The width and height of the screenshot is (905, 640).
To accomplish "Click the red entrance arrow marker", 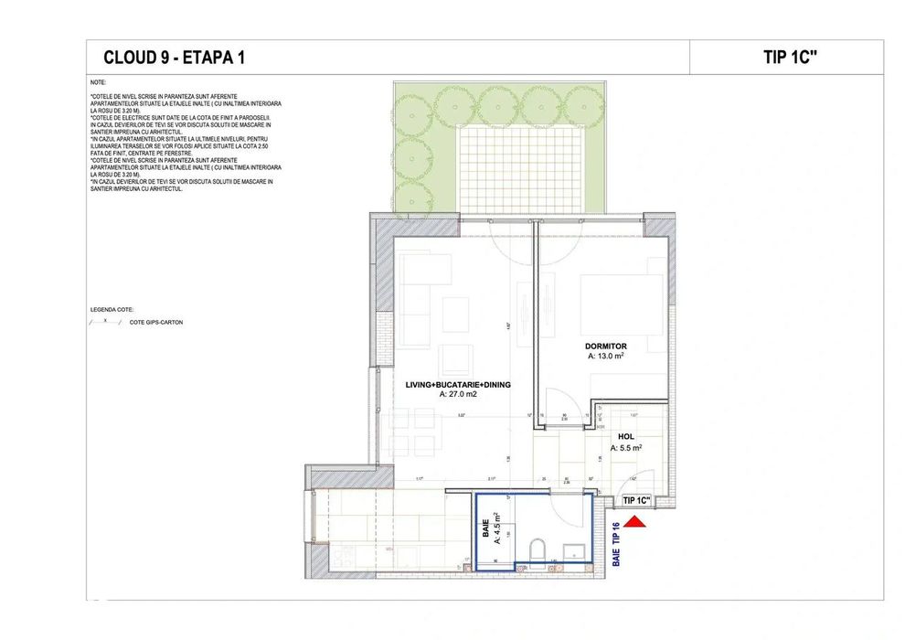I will coord(637,521).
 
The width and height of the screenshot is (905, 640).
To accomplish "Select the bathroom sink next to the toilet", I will coord(574,551).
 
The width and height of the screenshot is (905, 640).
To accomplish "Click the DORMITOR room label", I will coord(612,347).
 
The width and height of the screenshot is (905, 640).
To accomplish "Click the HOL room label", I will coord(626,437).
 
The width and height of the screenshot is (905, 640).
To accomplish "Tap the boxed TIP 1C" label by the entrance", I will coord(636,501).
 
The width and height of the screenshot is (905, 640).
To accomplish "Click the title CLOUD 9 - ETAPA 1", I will coord(174,58).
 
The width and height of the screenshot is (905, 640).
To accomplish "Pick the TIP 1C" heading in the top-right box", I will coord(789,57).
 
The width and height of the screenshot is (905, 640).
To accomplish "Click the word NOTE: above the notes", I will coord(99,82).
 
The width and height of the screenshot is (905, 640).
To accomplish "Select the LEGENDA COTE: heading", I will coord(112,310).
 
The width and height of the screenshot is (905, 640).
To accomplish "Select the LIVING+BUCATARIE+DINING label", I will coord(458,385).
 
